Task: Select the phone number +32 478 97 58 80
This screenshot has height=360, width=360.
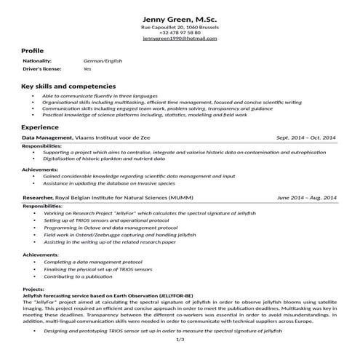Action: [180, 33]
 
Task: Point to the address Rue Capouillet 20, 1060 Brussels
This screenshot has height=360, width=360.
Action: [180, 27]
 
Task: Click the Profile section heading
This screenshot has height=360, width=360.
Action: [33, 50]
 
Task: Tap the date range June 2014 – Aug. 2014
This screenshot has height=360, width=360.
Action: [307, 197]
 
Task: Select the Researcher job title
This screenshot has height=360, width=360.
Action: [37, 197]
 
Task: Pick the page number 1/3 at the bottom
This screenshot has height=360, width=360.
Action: [180, 339]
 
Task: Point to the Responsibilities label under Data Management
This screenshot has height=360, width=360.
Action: [43, 146]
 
